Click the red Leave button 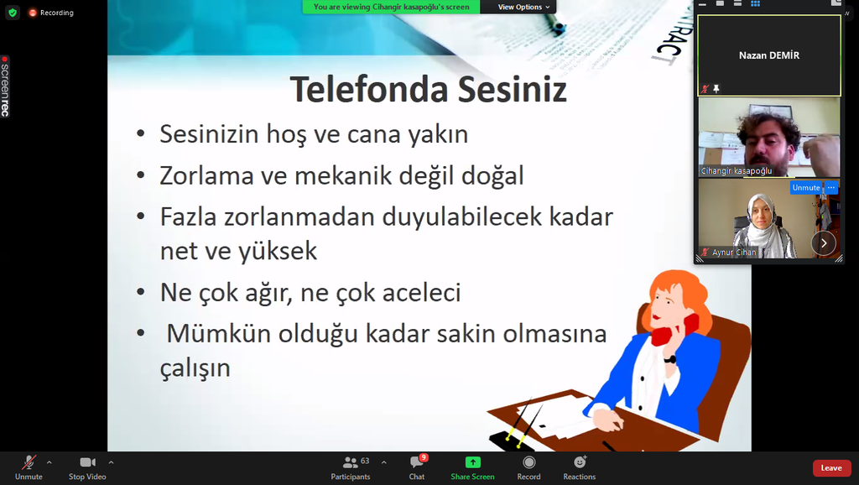click(831, 468)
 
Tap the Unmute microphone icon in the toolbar click(29, 462)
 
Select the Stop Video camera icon click(87, 462)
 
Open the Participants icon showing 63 click(350, 462)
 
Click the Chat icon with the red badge click(417, 462)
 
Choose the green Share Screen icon click(472, 462)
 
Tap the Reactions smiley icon click(580, 462)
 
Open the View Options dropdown click(523, 7)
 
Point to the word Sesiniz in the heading click(513, 89)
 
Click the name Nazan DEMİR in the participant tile click(769, 55)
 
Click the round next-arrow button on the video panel click(824, 243)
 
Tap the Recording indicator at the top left click(51, 13)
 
